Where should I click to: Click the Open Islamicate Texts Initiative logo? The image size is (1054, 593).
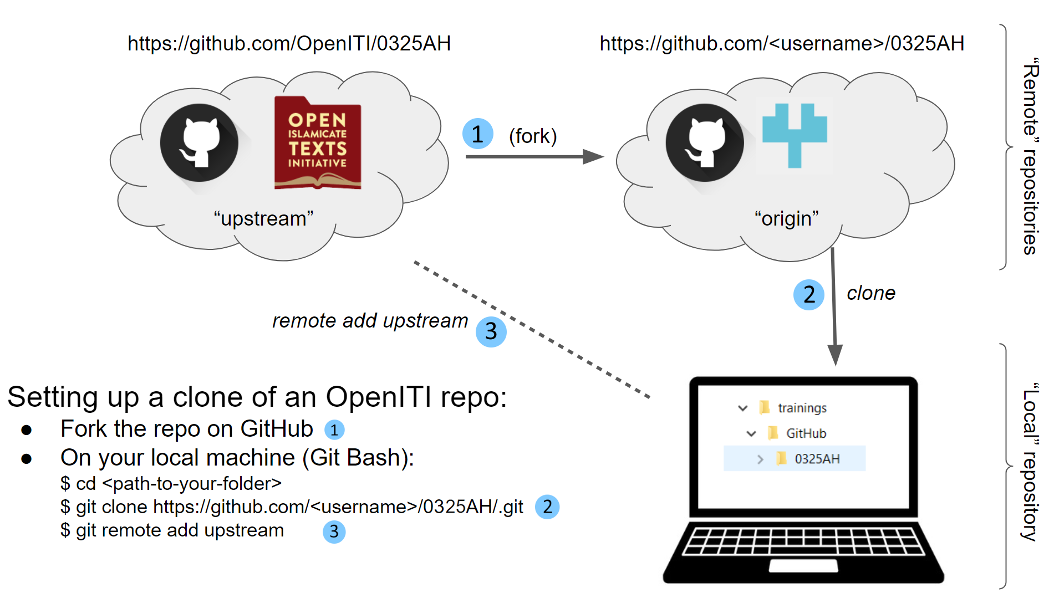click(x=318, y=143)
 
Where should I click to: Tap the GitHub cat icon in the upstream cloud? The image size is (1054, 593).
click(x=199, y=143)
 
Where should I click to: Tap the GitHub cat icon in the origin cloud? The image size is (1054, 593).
click(x=705, y=143)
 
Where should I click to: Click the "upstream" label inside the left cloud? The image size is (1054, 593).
click(x=263, y=218)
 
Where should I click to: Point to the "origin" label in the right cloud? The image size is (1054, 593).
click(x=786, y=218)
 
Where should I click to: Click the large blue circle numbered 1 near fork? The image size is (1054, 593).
click(x=477, y=134)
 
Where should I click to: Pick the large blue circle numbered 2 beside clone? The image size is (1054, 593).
click(x=808, y=294)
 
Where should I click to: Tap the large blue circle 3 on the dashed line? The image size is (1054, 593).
click(x=491, y=331)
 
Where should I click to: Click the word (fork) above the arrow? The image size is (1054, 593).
click(x=532, y=136)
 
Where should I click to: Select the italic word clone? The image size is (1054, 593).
click(x=870, y=293)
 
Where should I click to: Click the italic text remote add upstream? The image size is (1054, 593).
click(x=370, y=321)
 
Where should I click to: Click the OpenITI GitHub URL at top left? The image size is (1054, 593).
click(x=289, y=43)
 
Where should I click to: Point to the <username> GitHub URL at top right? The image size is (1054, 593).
click(x=782, y=43)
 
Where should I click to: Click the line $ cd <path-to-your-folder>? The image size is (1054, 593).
click(x=171, y=484)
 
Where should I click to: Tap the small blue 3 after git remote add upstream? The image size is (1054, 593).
click(x=334, y=531)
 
